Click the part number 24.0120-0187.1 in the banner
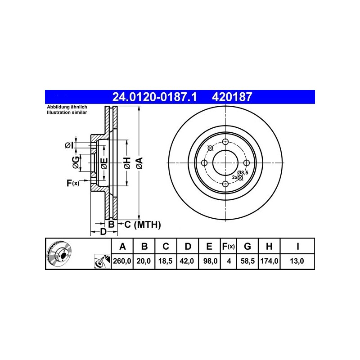154,97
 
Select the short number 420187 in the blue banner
232,97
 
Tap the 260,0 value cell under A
122,261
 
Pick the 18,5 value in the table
165,261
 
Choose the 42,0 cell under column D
187,261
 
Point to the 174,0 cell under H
269,261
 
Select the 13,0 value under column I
297,261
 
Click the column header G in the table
247,246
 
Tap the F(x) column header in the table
228,246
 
